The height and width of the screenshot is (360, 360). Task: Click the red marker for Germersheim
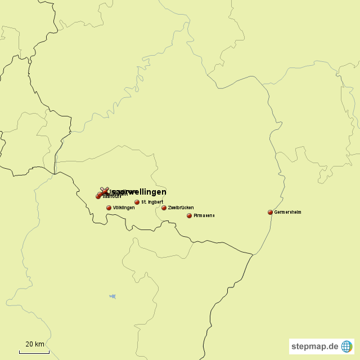tap(270, 212)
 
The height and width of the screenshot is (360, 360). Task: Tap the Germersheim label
tap(288, 212)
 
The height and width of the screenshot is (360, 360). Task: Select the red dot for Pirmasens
tap(189, 215)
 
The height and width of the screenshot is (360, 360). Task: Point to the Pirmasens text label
tap(204, 215)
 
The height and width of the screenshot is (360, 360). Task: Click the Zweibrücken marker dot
tap(164, 208)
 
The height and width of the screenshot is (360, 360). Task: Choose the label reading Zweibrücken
tap(181, 208)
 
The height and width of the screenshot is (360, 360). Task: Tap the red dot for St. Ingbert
tap(137, 202)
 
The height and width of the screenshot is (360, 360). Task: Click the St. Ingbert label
tap(152, 202)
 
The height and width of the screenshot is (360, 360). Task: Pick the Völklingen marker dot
tap(109, 208)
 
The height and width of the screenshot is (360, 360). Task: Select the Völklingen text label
tap(124, 208)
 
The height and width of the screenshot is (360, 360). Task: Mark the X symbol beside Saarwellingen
tap(103, 191)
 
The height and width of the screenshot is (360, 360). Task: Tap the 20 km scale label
tap(34, 344)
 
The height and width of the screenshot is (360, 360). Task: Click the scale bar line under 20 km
tap(34, 352)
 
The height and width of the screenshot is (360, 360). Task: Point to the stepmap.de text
tap(315, 346)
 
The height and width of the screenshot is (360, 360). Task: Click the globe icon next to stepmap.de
tap(346, 346)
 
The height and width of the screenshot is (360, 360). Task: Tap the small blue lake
tap(113, 296)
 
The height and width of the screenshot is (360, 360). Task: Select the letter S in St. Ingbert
tap(143, 202)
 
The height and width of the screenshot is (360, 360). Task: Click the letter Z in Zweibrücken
tap(169, 208)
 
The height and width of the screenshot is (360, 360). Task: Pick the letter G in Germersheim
tap(276, 212)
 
